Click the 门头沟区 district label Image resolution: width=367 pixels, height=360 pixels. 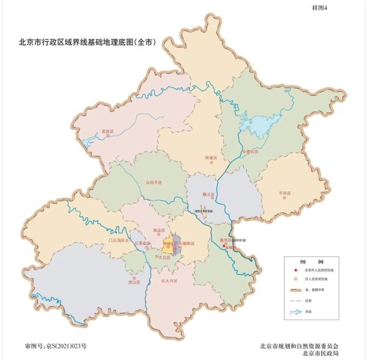coord(116,240)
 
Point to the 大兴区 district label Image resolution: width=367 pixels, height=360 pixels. coord(171,281)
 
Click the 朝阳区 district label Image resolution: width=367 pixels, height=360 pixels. coord(188,243)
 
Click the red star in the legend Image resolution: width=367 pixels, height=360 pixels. coord(295,270)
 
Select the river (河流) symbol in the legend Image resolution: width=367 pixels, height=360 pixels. coord(295,312)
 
